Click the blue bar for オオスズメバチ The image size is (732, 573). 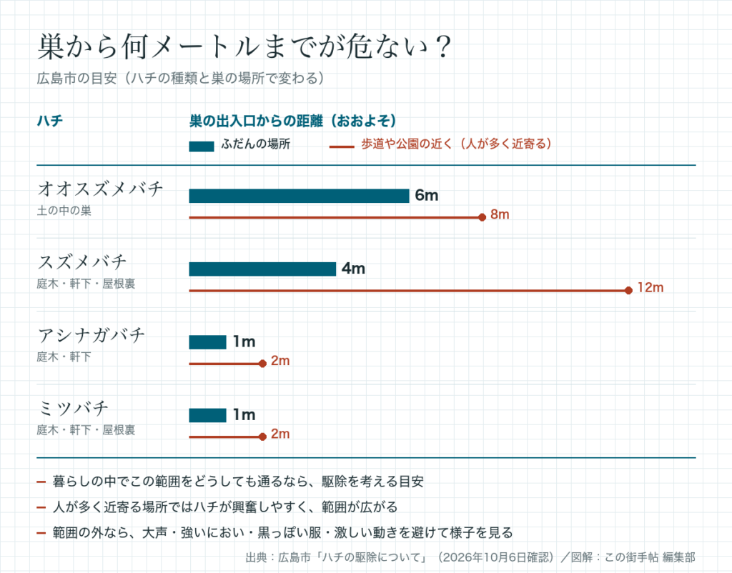tap(299, 196)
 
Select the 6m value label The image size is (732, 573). tap(427, 196)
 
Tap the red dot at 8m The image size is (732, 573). tap(483, 217)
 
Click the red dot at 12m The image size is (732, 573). tap(628, 290)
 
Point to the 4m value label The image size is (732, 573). tap(353, 269)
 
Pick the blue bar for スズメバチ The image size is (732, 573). tap(262, 269)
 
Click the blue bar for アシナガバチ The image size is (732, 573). tap(207, 342)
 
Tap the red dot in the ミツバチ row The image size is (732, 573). tap(262, 437)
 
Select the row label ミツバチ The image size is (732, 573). tap(73, 408)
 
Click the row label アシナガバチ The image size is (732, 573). tap(91, 335)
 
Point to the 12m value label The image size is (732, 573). tap(651, 287)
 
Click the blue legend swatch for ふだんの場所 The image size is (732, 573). tap(201, 146)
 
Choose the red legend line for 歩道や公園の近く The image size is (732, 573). tap(341, 147)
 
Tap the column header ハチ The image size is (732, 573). tap(49, 121)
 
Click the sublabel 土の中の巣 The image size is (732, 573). tap(64, 211)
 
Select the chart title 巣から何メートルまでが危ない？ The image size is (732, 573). tap(244, 46)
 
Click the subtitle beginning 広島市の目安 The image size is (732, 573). tap(180, 78)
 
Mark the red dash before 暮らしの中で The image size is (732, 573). tap(41, 482)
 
